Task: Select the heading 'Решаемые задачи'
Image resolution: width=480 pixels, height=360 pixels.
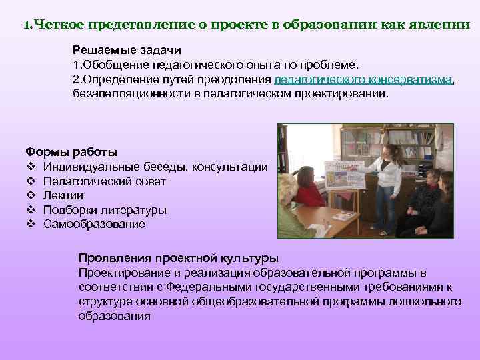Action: pyautogui.click(x=126, y=51)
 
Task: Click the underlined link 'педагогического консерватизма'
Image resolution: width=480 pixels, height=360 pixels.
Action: pyautogui.click(x=363, y=80)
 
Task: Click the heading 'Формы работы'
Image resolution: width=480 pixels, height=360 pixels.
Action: pyautogui.click(x=61, y=153)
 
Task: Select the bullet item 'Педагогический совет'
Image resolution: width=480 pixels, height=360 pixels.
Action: pyautogui.click(x=105, y=181)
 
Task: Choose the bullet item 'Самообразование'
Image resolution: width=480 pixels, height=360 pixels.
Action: pyautogui.click(x=94, y=224)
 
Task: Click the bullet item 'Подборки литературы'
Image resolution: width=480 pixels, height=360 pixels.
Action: pyautogui.click(x=105, y=210)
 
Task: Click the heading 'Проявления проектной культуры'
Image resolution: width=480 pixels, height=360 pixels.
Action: pyautogui.click(x=179, y=258)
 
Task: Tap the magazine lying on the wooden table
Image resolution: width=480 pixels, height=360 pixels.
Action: pyautogui.click(x=343, y=215)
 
